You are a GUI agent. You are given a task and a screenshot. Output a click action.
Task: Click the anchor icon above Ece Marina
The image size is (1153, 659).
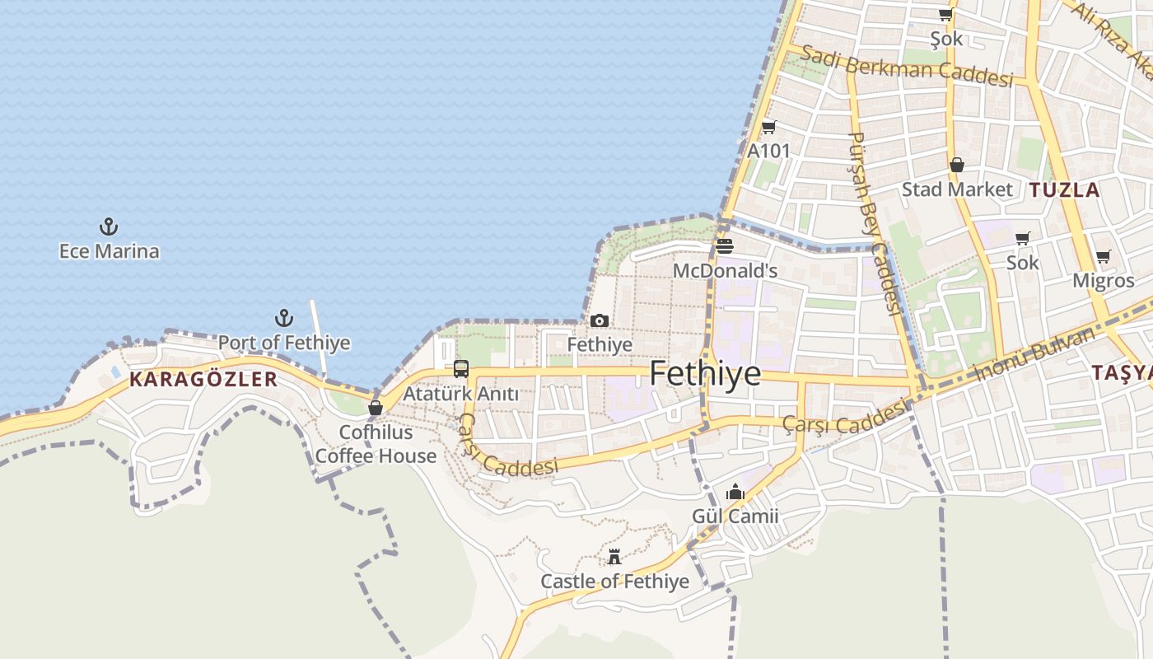[109, 227]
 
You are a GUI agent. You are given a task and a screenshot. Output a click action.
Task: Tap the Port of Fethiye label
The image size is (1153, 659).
[284, 343]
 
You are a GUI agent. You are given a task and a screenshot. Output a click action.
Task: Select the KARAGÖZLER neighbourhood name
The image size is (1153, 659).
[203, 380]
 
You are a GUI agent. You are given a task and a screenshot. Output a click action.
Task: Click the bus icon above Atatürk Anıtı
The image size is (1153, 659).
[461, 369]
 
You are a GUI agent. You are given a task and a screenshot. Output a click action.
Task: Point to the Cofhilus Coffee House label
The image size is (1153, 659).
[376, 444]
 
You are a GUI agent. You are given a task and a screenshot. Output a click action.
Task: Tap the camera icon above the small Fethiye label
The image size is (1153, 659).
[600, 321]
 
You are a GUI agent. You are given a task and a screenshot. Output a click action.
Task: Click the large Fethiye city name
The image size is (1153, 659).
[705, 374]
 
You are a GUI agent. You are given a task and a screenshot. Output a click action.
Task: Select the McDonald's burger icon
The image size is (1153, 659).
[725, 245]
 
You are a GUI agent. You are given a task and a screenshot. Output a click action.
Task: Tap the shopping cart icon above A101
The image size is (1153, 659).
[768, 127]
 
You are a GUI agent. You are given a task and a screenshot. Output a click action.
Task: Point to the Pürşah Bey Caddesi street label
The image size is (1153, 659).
[875, 222]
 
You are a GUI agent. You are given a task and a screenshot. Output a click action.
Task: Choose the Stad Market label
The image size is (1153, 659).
[957, 189]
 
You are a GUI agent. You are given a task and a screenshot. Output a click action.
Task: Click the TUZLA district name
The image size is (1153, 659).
[1064, 190]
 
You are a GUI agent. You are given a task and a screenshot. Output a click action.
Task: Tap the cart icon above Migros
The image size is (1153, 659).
[1104, 256]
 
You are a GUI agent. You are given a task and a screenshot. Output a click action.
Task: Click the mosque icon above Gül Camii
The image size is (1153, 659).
[735, 493]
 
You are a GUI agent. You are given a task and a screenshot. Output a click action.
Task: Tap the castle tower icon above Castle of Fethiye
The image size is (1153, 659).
[614, 557]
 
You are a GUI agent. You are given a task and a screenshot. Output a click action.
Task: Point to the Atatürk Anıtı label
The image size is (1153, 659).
[461, 395]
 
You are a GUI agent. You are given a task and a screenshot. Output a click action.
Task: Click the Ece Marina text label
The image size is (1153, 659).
[109, 251]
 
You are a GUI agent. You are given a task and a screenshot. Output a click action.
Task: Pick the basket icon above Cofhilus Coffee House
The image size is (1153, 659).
[376, 407]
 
